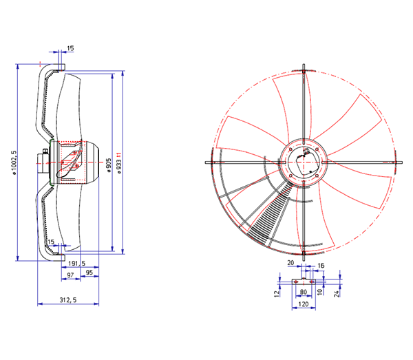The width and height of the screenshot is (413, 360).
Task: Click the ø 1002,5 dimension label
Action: point(14,162)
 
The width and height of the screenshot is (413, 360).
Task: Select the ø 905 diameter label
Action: point(109,165)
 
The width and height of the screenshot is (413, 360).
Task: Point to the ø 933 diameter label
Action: point(119,163)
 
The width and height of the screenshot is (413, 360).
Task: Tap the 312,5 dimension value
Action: point(68,300)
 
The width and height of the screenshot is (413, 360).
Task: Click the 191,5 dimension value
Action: point(76,264)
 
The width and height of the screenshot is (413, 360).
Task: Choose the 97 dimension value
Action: point(70,275)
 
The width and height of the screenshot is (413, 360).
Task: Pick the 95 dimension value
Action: point(89,272)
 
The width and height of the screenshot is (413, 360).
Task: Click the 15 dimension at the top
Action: point(70,48)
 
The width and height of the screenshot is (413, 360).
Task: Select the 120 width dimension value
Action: point(303,304)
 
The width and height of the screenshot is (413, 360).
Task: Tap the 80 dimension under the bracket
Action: point(304,292)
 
